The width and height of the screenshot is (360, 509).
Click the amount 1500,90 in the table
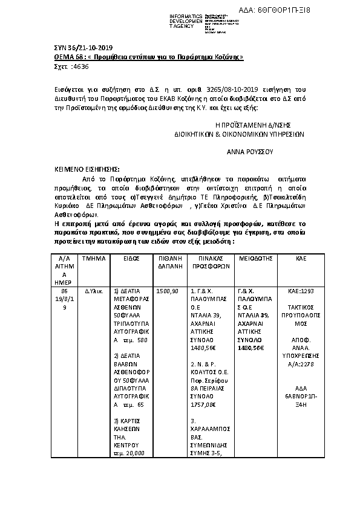[167, 291]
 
